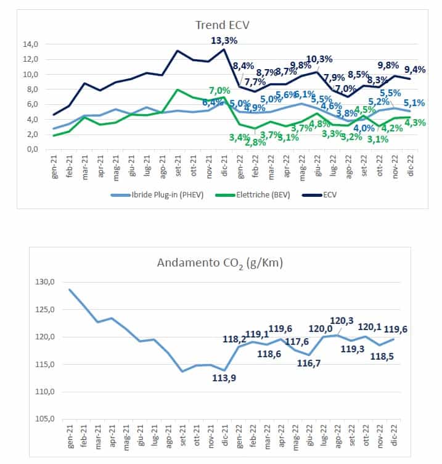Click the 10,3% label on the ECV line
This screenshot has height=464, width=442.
pyautogui.click(x=319, y=59)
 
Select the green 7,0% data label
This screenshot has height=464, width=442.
pyautogui.click(x=219, y=91)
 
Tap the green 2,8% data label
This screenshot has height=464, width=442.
pyautogui.click(x=255, y=142)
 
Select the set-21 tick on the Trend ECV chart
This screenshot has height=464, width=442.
pyautogui.click(x=177, y=166)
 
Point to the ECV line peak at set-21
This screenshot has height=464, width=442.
pyautogui.click(x=178, y=51)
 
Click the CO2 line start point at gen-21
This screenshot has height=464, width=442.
pyautogui.click(x=69, y=289)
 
